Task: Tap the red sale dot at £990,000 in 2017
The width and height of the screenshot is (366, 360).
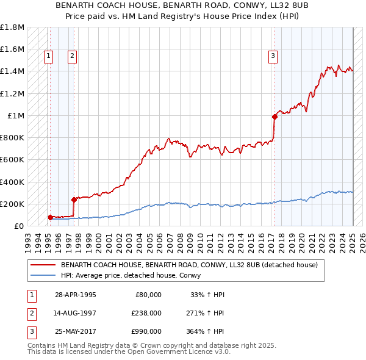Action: pos(274,116)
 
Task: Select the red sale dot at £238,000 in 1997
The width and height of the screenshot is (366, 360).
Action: pos(74,199)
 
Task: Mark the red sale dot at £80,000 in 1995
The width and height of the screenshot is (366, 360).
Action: pos(51,217)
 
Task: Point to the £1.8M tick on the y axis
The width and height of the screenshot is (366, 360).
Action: pos(12,27)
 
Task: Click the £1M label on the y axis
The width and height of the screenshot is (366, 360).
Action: pos(15,116)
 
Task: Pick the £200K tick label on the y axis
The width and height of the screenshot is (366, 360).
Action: pos(12,204)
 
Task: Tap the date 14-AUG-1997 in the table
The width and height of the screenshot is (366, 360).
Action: pos(76,313)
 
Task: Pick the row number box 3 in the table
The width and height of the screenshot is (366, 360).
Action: pos(30,331)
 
